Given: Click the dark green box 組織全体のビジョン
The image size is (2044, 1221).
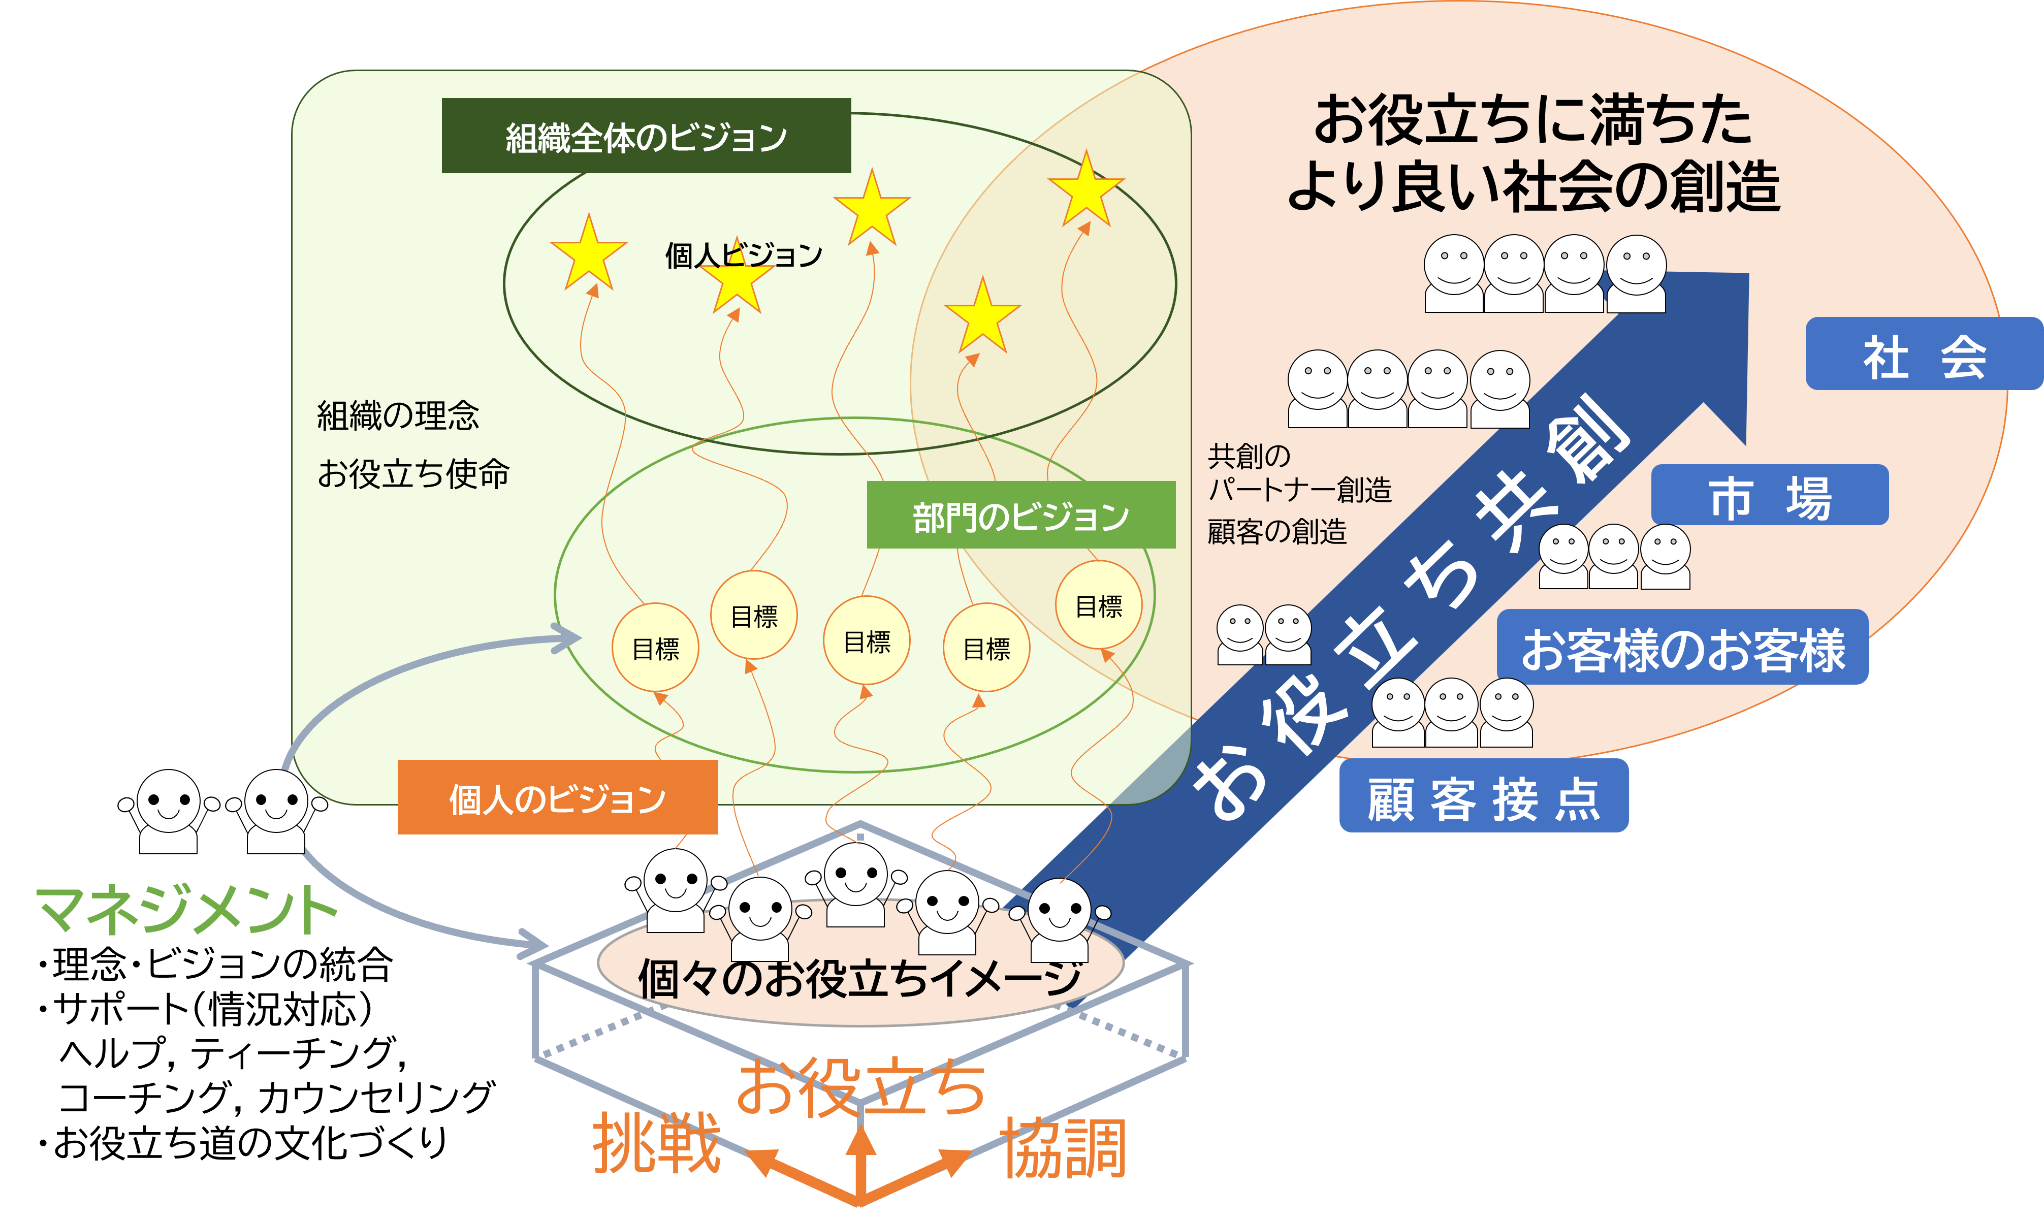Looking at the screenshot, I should point(646,136).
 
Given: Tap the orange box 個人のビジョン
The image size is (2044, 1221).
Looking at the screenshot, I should point(557,797).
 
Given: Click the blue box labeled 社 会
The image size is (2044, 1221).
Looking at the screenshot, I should point(1924,355).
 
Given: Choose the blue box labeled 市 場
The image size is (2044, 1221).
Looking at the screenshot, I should point(1769,495).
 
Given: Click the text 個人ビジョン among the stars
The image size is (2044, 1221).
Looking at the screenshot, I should point(743,255).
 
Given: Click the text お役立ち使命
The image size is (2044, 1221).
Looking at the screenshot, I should point(413,474).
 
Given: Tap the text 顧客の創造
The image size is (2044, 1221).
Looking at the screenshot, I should point(1276,531).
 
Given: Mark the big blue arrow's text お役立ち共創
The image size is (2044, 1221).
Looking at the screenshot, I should point(1407,609).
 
